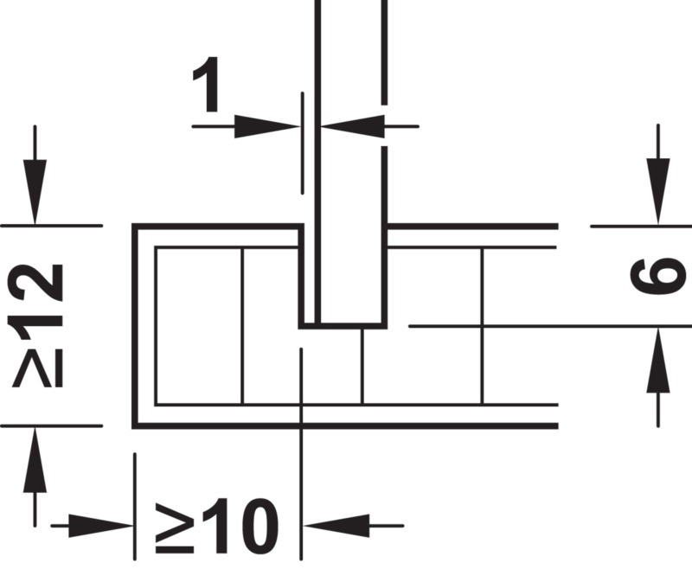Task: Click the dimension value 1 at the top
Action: click(207, 84)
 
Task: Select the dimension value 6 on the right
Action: click(658, 276)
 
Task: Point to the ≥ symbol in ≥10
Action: click(175, 528)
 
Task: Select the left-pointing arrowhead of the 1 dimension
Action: click(353, 126)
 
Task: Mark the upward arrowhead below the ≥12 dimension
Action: click(35, 459)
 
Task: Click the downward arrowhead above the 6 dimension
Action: click(658, 192)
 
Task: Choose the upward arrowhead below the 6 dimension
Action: click(658, 360)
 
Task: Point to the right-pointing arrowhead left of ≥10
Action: click(101, 526)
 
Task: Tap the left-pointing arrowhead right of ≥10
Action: click(336, 526)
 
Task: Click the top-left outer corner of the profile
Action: click(135, 227)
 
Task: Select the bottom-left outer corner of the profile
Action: click(135, 425)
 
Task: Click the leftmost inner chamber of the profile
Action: click(199, 326)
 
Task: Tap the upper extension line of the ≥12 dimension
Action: click(52, 226)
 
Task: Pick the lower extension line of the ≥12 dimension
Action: click(52, 425)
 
